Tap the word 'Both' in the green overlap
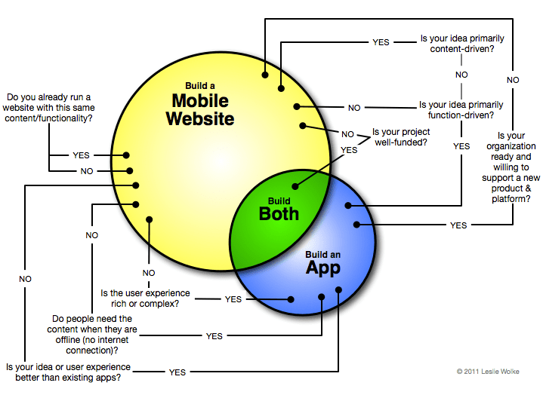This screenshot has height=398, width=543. pos(279,213)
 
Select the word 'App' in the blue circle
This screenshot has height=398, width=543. pos(322,267)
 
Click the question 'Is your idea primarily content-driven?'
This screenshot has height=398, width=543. pos(462,43)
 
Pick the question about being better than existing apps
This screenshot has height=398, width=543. pos(68,372)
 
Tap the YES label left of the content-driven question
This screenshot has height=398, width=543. pos(381,42)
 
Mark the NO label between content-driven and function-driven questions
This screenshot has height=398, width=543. pos(461,75)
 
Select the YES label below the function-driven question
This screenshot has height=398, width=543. pos(461,146)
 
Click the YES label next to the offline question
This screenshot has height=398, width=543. pos(214,336)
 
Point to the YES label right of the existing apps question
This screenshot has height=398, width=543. pos(177,372)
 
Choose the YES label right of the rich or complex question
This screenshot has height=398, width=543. pos(233,299)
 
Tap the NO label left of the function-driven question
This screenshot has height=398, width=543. pos(354,107)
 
